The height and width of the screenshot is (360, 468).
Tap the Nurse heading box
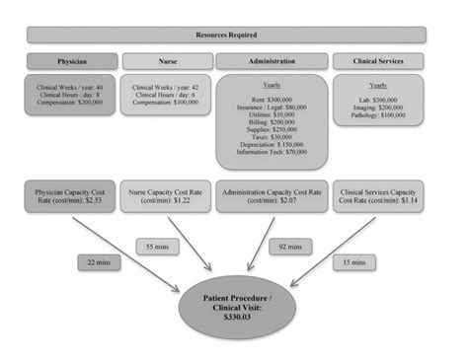pyautogui.click(x=167, y=61)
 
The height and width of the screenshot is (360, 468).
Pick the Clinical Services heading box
pyautogui.click(x=378, y=61)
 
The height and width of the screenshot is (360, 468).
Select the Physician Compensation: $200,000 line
pyautogui.click(x=72, y=102)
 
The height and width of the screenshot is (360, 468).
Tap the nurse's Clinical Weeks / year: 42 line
pyautogui.click(x=166, y=87)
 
